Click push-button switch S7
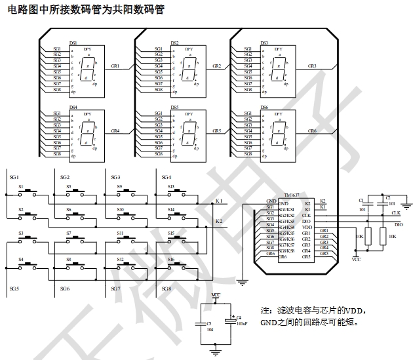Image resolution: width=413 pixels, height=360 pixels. pos(79,237)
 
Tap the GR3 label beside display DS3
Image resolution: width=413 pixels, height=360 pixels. pos(311,66)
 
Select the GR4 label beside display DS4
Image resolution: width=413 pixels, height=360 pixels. pos(115,131)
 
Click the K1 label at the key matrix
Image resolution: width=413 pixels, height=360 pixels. pos(219,201)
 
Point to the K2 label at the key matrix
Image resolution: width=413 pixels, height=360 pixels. pos(219,222)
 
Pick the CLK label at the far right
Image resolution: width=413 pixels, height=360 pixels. pos(395,212)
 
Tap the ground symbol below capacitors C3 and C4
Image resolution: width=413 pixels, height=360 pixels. pos(216,352)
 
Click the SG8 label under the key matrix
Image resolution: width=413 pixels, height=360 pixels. pos(167,289)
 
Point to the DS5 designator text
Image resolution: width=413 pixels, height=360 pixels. pos(174,107)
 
